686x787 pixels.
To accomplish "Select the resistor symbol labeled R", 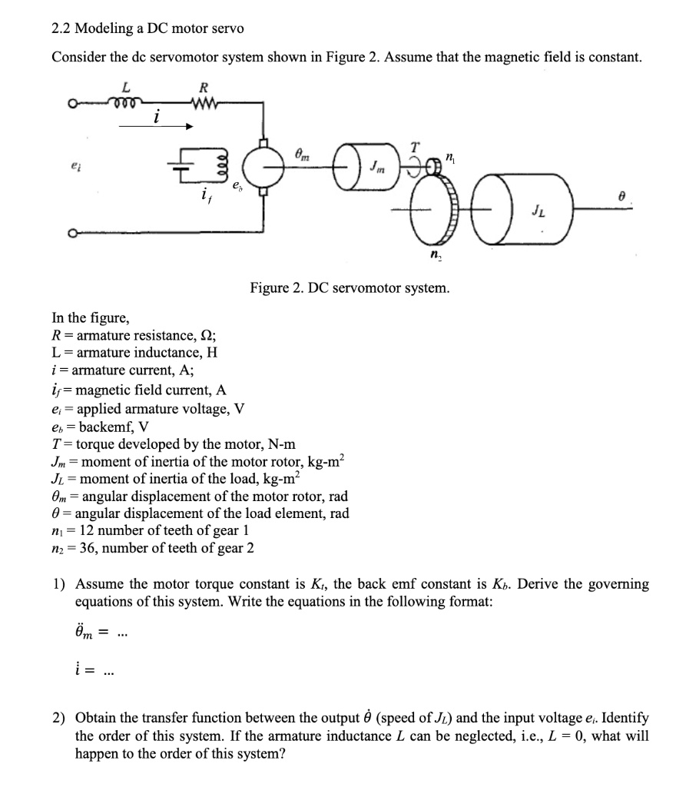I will [x=202, y=101].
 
